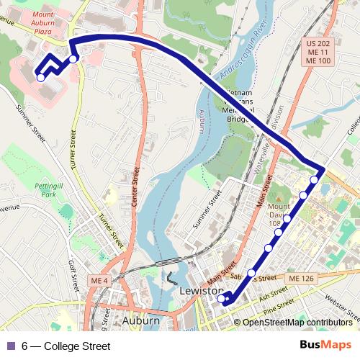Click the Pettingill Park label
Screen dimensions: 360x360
pyautogui.click(x=45, y=189)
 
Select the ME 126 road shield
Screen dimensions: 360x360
pyautogui.click(x=299, y=278)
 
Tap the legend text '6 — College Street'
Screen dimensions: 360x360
pyautogui.click(x=66, y=346)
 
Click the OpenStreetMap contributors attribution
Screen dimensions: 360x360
pyautogui.click(x=297, y=323)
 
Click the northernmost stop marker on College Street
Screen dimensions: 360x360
pyautogui.click(x=314, y=179)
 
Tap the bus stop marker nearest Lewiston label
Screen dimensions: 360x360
pyautogui.click(x=221, y=295)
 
